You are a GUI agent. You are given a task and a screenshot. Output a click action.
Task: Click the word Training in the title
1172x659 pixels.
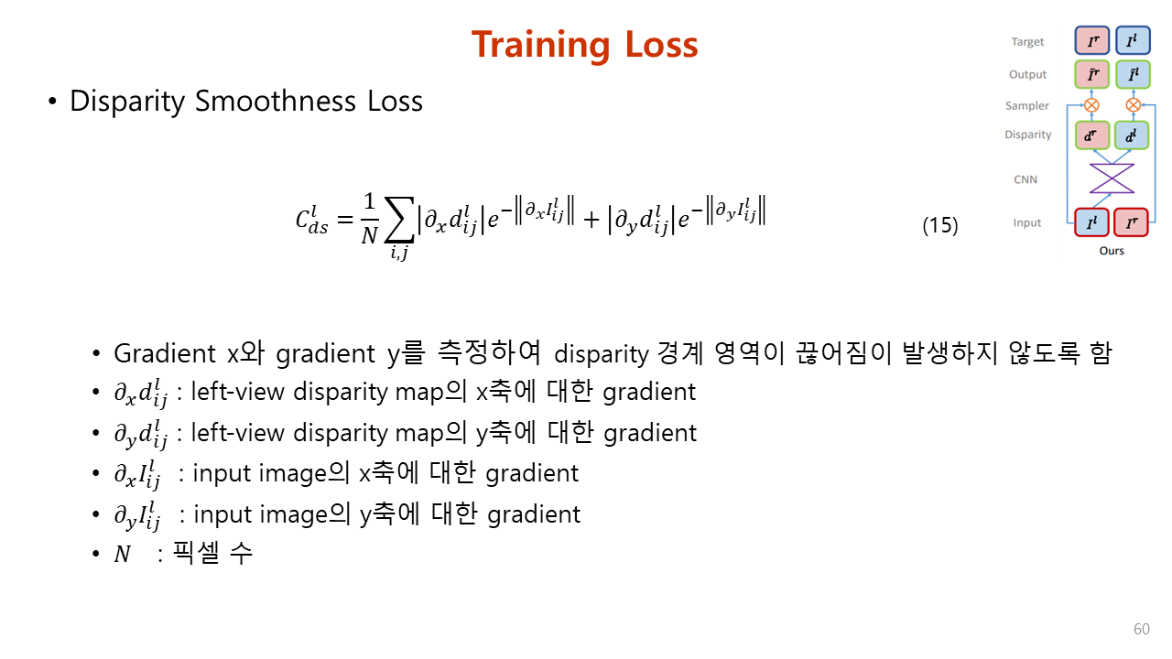coord(541,46)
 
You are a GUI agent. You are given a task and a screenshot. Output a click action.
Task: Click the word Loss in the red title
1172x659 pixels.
coord(662,45)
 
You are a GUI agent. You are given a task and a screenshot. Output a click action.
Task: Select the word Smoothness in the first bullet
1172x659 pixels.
coord(276,101)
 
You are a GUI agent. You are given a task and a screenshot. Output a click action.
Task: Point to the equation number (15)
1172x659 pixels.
coord(940,225)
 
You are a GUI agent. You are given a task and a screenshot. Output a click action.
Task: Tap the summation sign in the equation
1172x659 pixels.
coord(400,220)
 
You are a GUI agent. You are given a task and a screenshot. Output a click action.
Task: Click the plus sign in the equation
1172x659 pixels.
coord(591,220)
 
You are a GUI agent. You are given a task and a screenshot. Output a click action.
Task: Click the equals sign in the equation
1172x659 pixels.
coord(345,220)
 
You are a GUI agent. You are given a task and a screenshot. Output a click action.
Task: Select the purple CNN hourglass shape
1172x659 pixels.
coord(1112,178)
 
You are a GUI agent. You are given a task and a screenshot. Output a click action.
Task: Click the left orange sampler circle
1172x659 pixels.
coord(1091,105)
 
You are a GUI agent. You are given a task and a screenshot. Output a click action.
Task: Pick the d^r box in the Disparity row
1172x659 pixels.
coord(1092,135)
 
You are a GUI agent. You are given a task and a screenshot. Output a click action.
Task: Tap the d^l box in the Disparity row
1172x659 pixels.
coord(1132,135)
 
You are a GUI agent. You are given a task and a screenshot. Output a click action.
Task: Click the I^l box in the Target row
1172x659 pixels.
coord(1133,40)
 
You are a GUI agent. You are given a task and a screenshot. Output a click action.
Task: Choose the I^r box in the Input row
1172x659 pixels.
coord(1131,222)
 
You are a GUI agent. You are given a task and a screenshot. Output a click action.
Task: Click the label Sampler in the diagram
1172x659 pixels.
coord(1027,105)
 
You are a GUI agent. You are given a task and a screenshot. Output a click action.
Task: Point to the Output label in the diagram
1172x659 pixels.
coord(1027,75)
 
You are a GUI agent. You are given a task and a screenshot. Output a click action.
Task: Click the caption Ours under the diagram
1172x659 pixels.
coord(1112,251)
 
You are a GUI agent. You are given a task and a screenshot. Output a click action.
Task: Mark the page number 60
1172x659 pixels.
coord(1142,629)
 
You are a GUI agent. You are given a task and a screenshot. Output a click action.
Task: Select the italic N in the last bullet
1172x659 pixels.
coord(123,554)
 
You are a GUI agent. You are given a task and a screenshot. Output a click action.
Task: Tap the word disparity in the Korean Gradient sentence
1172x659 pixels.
coord(602,354)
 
